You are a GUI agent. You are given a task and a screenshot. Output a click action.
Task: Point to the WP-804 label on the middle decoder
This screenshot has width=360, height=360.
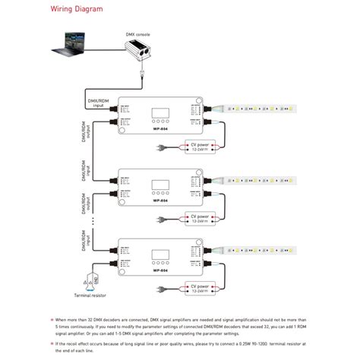click(160, 202)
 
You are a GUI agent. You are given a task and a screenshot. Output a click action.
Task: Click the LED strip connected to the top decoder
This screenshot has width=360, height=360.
click(257, 110)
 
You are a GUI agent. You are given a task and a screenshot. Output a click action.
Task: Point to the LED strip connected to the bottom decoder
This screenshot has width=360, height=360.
click(257, 251)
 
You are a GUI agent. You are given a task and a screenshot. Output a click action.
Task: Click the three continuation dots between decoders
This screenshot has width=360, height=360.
click(93, 224)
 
